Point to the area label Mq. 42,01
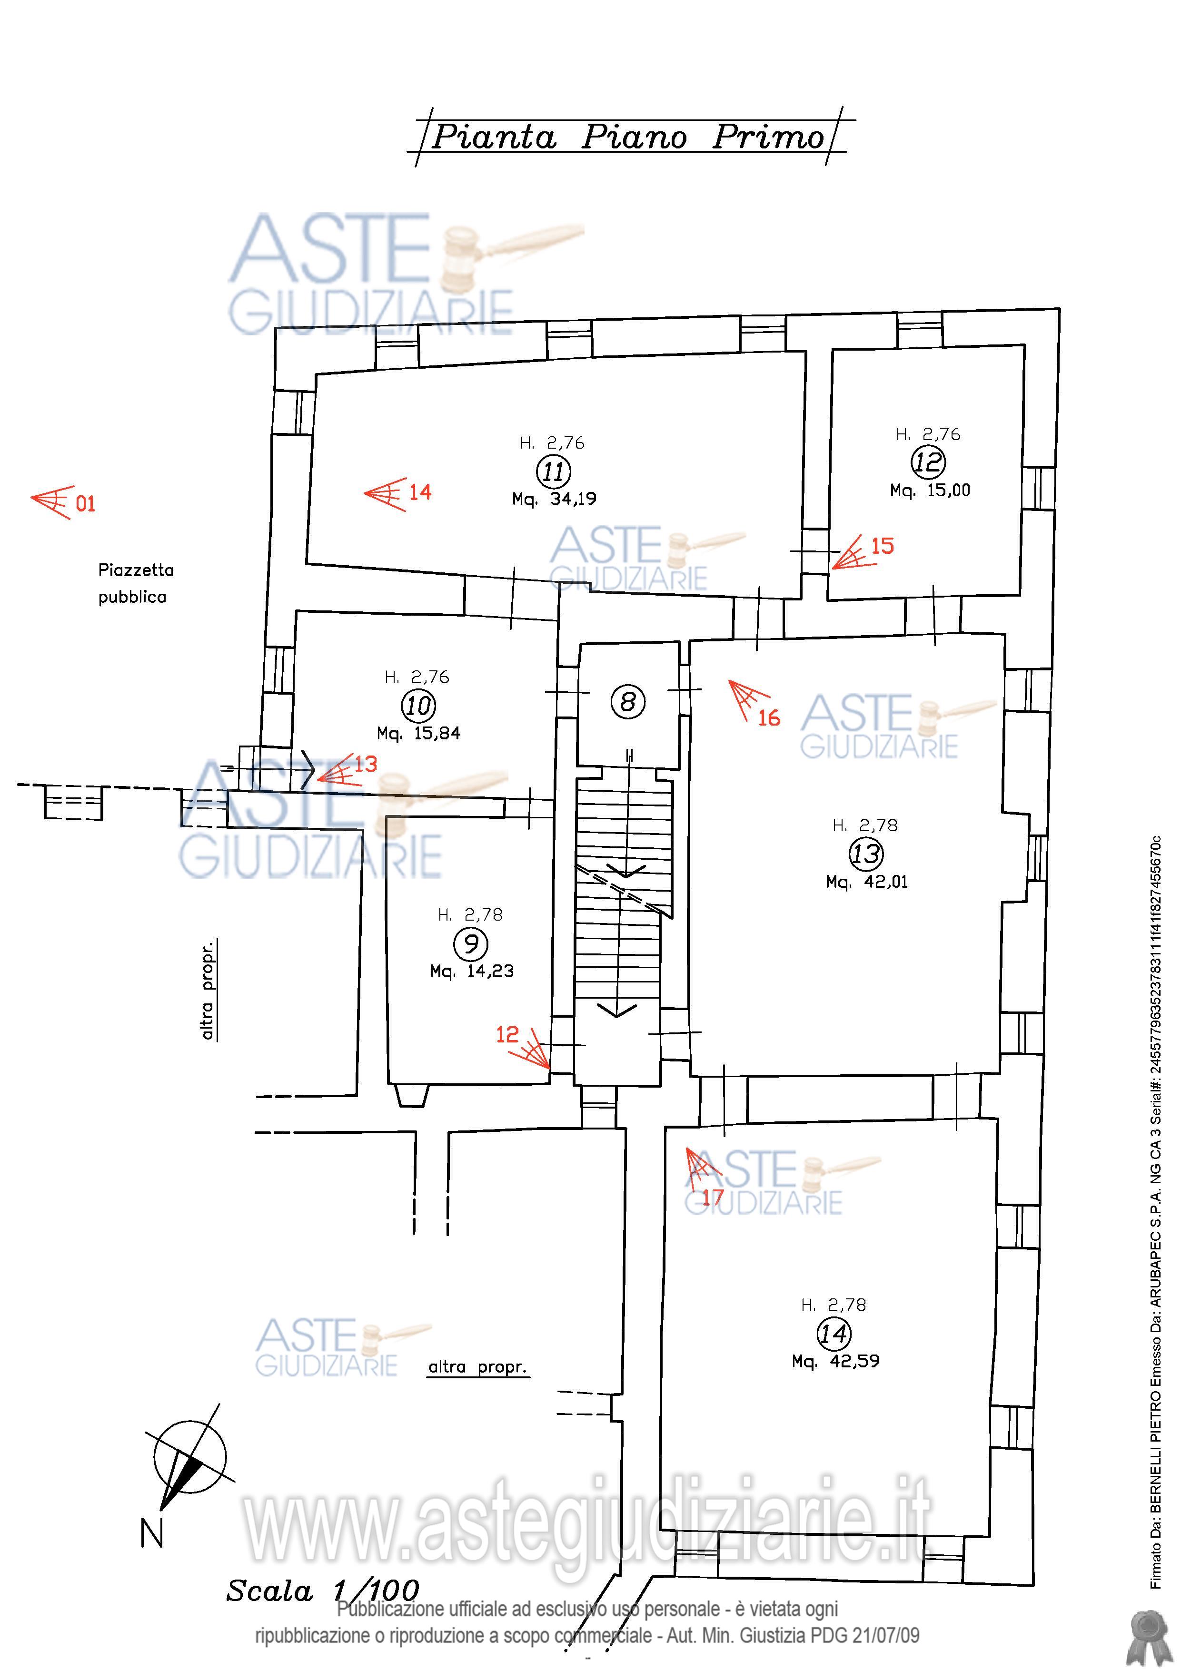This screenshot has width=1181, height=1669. [867, 883]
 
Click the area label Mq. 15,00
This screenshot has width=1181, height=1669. [930, 491]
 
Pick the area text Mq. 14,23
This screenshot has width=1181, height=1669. [472, 971]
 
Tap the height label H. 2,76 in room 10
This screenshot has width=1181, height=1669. [417, 677]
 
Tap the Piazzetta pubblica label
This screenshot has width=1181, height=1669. [136, 583]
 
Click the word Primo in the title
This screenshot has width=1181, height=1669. [768, 137]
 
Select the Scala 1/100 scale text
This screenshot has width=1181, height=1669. [323, 1591]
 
